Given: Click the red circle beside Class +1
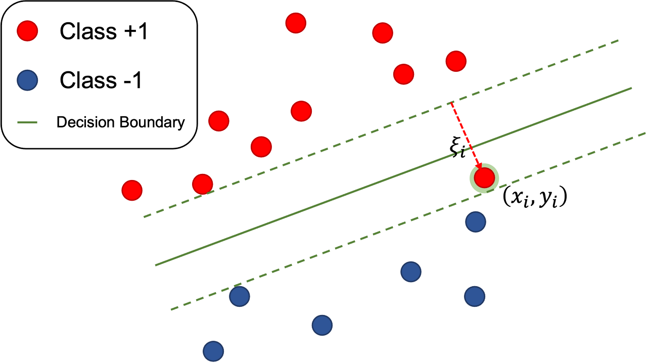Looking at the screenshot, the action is [x=27, y=31].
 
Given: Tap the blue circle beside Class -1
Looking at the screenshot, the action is [x=27, y=81].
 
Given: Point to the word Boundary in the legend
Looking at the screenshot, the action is [x=152, y=122].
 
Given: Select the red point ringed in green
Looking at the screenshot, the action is [x=484, y=178].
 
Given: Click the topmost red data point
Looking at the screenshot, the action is [x=296, y=23].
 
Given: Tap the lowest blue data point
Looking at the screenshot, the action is [x=213, y=351].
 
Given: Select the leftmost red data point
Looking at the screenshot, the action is [x=132, y=191].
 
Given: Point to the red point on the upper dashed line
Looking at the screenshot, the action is [x=202, y=184].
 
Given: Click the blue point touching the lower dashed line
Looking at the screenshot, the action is [x=240, y=297].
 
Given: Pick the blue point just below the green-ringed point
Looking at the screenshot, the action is [x=475, y=221].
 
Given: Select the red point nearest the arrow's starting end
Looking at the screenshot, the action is [x=456, y=61].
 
